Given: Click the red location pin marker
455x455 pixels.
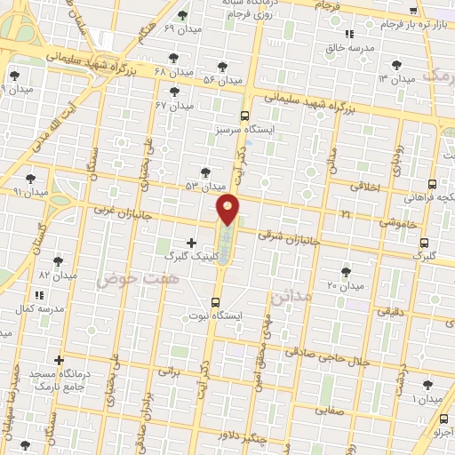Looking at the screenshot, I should (228, 209).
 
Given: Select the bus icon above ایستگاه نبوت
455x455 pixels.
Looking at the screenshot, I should (217, 300).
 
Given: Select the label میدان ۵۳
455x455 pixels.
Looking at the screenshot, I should (206, 187).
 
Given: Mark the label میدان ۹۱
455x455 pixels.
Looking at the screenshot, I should (29, 191).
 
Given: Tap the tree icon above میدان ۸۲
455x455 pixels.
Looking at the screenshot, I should (59, 261).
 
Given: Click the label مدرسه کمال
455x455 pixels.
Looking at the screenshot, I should (39, 307).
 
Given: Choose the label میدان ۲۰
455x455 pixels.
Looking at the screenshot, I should (345, 286).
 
